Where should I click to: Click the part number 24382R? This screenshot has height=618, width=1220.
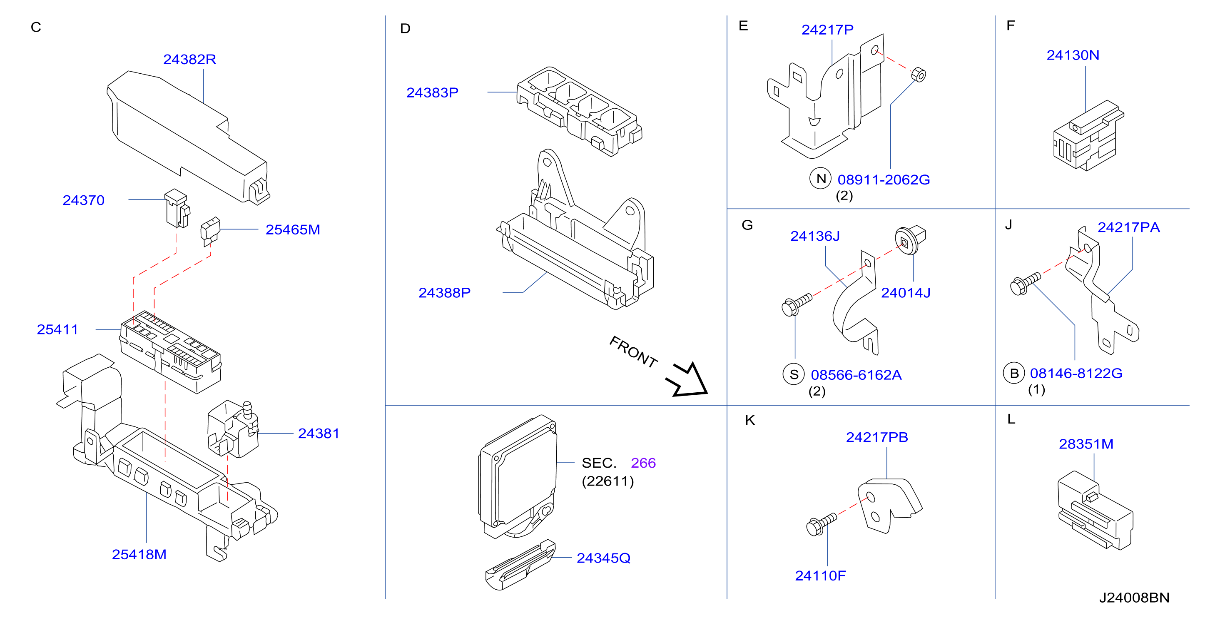(x=189, y=59)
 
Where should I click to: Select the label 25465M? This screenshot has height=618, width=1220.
(x=293, y=230)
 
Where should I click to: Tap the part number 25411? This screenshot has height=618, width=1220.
(x=57, y=329)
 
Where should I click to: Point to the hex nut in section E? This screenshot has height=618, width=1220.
(x=918, y=75)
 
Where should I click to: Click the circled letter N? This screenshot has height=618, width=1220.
(x=820, y=179)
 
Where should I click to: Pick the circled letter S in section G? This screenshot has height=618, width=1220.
(x=794, y=374)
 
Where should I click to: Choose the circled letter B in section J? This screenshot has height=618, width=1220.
(x=1014, y=373)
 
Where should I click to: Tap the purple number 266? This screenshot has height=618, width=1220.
(x=643, y=463)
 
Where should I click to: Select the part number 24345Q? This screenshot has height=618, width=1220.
(x=603, y=558)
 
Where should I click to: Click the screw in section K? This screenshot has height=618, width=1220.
(x=821, y=524)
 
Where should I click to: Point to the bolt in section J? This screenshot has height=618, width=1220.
(x=1025, y=283)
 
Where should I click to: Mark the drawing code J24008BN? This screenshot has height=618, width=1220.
(x=1134, y=598)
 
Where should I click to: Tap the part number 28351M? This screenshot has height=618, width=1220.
(x=1086, y=444)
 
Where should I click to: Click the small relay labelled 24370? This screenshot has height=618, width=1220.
(x=177, y=208)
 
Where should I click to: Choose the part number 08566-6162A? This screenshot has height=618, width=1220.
(x=856, y=375)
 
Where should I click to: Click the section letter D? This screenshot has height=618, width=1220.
(x=405, y=28)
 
